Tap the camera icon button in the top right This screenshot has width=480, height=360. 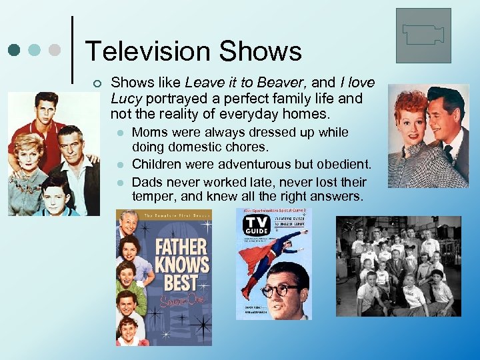[423, 35]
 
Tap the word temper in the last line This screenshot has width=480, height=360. [155, 196]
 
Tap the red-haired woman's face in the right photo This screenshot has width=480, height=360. [412, 116]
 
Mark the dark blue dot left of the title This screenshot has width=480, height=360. [15, 50]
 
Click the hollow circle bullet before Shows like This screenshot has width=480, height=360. [98, 83]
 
